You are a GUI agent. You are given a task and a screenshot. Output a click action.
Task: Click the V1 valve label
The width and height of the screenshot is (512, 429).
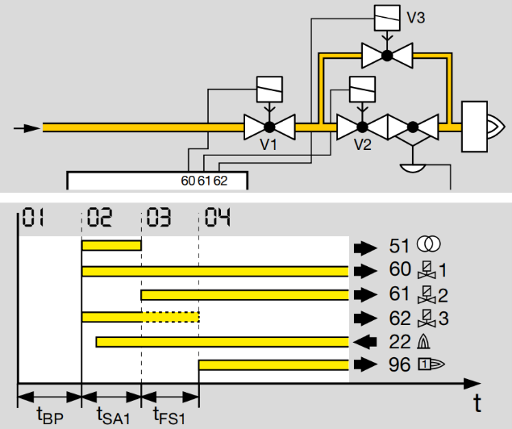pos(268,144)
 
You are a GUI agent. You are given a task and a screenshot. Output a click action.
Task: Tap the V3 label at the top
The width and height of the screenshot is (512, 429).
pos(416,18)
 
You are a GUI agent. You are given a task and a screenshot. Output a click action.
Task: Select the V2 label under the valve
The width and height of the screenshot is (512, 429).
pos(363,144)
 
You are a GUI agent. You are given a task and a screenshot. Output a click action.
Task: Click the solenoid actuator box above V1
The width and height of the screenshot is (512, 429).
pos(269,90)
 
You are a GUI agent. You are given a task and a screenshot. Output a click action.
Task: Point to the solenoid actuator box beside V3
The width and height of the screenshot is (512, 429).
pos(387,18)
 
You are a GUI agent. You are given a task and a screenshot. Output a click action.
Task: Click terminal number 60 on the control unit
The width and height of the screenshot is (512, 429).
pos(188,181)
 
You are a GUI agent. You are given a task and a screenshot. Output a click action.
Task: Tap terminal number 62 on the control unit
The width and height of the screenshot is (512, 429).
pos(220,181)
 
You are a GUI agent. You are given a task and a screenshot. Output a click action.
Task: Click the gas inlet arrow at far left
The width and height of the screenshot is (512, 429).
pos(27,128)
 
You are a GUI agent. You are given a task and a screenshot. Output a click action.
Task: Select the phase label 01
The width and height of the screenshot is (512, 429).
pos(32,217)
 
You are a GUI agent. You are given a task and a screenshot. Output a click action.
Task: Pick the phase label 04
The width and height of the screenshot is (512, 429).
pos(218,217)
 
